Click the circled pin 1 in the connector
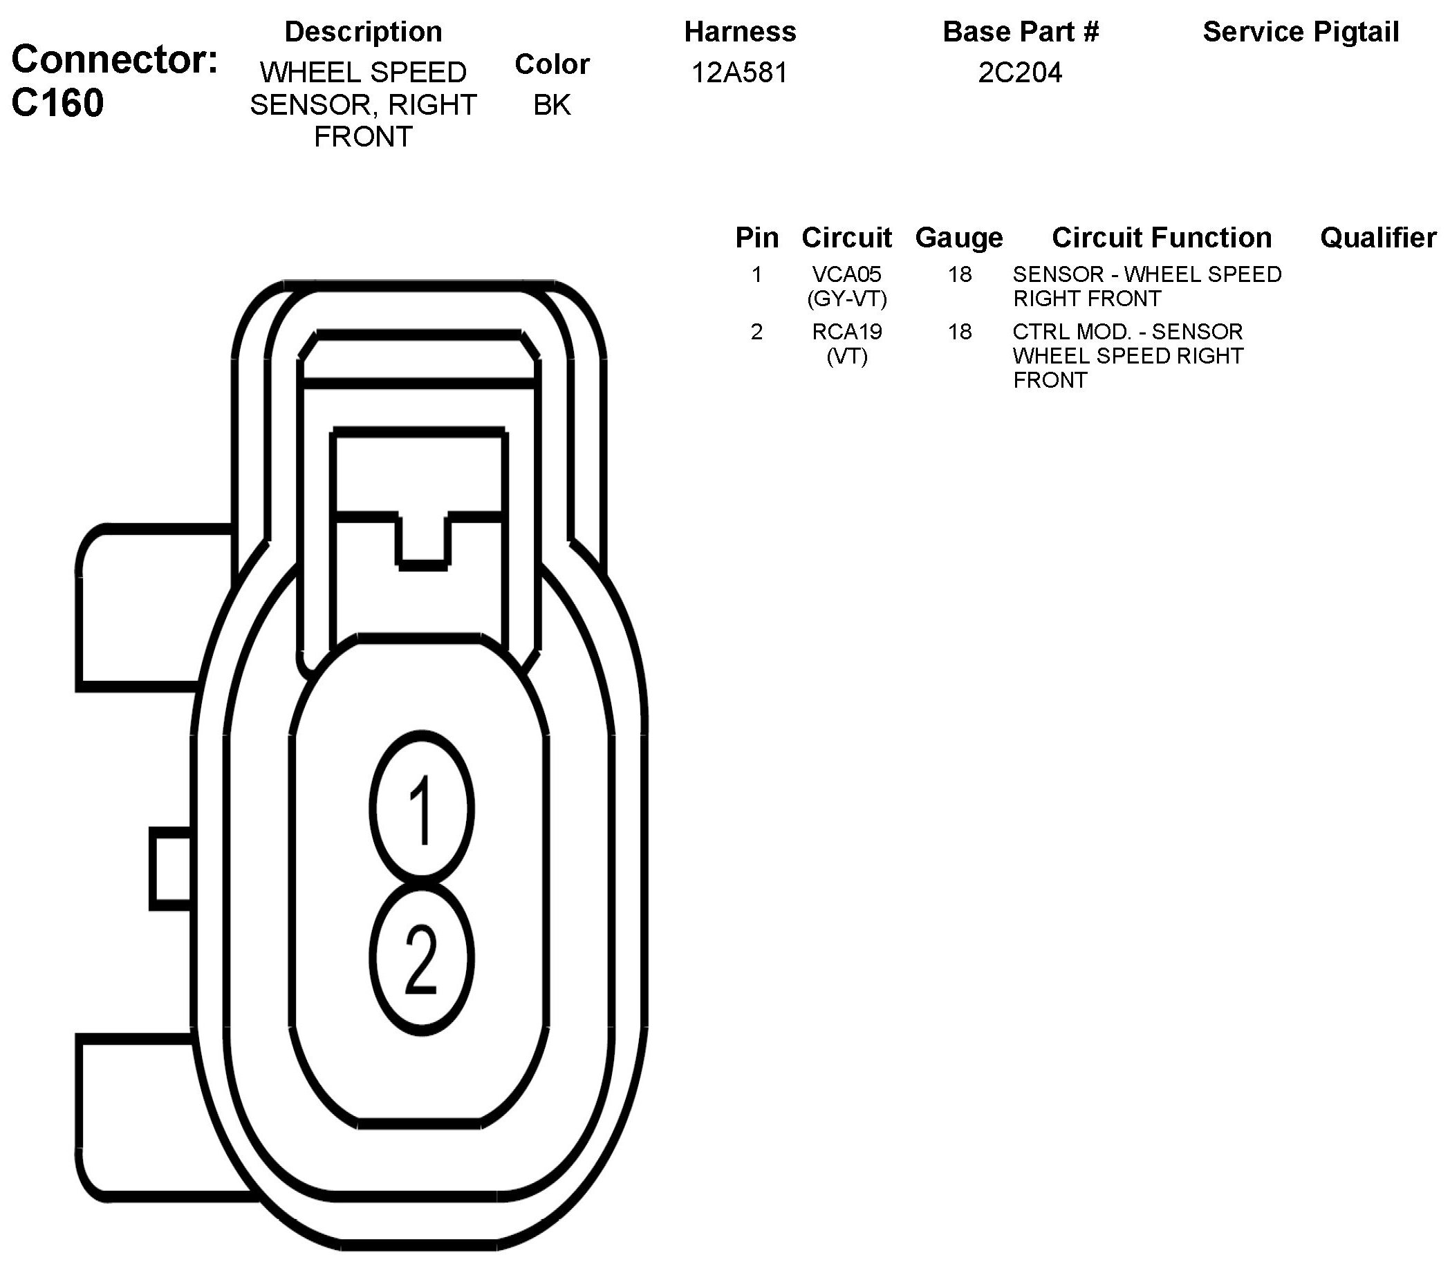(x=422, y=809)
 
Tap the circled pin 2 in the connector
(x=422, y=959)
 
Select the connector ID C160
(x=58, y=103)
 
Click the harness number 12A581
(x=739, y=73)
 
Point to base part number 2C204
(x=1020, y=73)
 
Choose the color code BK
(x=552, y=105)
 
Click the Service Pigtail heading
(x=1301, y=32)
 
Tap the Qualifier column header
(x=1377, y=238)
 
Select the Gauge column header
(x=959, y=238)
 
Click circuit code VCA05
(x=847, y=274)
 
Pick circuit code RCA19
(x=847, y=332)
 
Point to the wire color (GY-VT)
(x=847, y=299)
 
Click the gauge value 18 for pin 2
(x=960, y=332)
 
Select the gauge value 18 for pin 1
(x=960, y=274)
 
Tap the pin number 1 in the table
(x=756, y=274)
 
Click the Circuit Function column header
(x=1162, y=238)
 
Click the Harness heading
(x=739, y=32)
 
